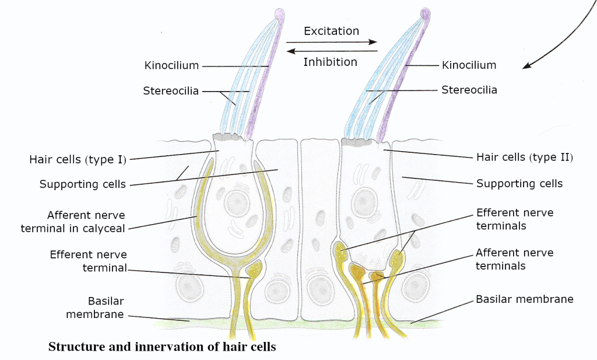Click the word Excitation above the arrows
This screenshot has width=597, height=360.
331,31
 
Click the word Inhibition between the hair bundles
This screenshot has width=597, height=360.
330,61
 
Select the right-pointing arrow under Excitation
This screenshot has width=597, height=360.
332,43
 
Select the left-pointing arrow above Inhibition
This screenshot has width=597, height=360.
332,51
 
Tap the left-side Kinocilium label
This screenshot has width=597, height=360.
172,65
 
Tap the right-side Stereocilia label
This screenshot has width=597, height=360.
469,90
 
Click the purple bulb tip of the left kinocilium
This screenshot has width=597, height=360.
280,13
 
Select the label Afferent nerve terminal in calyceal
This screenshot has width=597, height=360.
73,222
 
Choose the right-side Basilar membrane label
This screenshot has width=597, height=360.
525,299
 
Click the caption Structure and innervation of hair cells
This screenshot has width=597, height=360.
161,347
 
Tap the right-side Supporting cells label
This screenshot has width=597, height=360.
519,184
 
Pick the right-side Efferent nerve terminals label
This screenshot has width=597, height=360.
515,219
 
